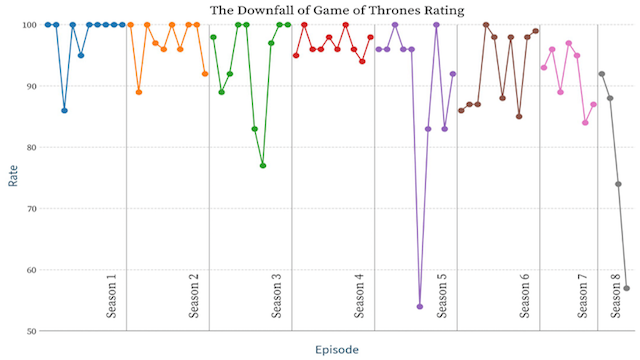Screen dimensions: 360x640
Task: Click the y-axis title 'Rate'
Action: point(13,177)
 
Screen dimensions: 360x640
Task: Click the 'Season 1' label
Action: point(111,294)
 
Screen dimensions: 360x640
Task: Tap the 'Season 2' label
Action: point(194,294)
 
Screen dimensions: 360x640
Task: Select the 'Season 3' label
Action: point(277,294)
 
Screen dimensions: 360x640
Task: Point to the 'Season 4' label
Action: point(360,294)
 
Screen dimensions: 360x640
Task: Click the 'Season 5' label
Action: point(442,294)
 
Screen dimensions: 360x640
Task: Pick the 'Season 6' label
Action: point(525,294)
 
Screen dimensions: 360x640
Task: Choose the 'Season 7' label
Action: point(583,294)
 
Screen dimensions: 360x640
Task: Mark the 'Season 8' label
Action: point(617,294)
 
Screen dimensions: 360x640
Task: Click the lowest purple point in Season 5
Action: point(420,306)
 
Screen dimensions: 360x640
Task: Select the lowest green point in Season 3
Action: point(263,165)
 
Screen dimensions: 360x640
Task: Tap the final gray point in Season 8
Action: point(627,288)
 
